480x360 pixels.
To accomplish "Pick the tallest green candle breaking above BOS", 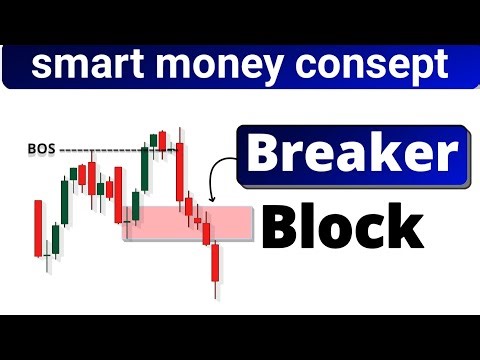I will tap(146, 170).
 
